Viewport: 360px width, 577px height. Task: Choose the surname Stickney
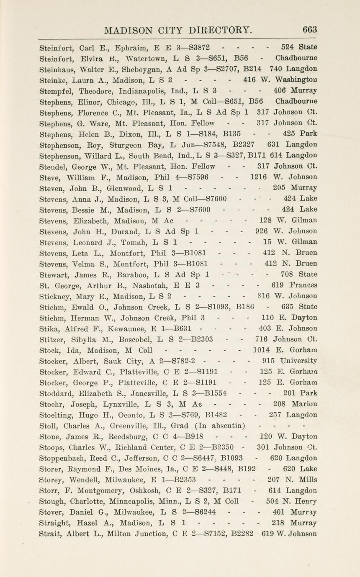(x=55, y=296)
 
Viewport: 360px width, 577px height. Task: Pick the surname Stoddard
(x=57, y=393)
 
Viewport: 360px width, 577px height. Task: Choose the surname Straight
(x=55, y=523)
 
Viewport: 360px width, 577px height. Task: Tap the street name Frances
(x=303, y=285)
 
